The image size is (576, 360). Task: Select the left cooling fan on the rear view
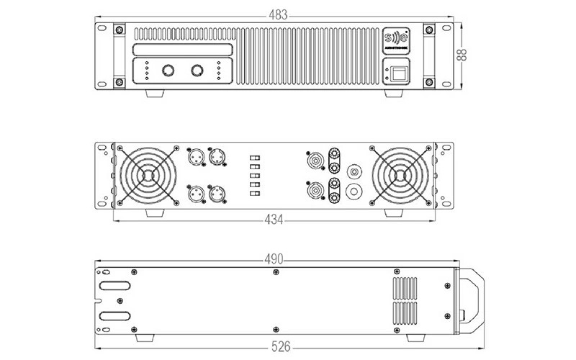pyautogui.click(x=148, y=175)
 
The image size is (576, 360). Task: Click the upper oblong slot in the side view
pyautogui.click(x=114, y=285)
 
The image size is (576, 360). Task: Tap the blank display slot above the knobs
pyautogui.click(x=182, y=50)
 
